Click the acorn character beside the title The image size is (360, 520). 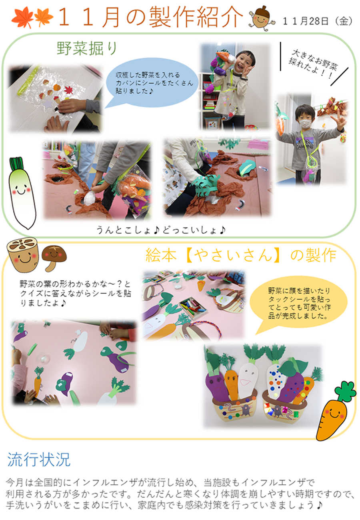point(262,18)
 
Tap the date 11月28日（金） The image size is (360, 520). point(318,21)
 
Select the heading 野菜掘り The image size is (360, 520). point(87,48)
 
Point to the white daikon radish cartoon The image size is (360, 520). point(22,193)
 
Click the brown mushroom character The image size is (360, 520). point(54,258)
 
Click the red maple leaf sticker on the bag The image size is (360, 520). point(69,90)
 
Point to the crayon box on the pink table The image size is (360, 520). point(192,307)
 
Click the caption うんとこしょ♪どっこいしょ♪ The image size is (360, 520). point(161,230)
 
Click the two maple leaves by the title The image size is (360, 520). point(32,17)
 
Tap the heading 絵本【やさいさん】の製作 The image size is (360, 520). point(241,255)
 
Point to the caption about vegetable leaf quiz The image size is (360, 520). point(76,294)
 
